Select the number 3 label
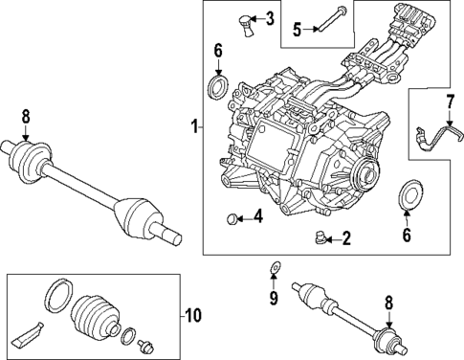point(270,18)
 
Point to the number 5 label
point(296,29)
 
